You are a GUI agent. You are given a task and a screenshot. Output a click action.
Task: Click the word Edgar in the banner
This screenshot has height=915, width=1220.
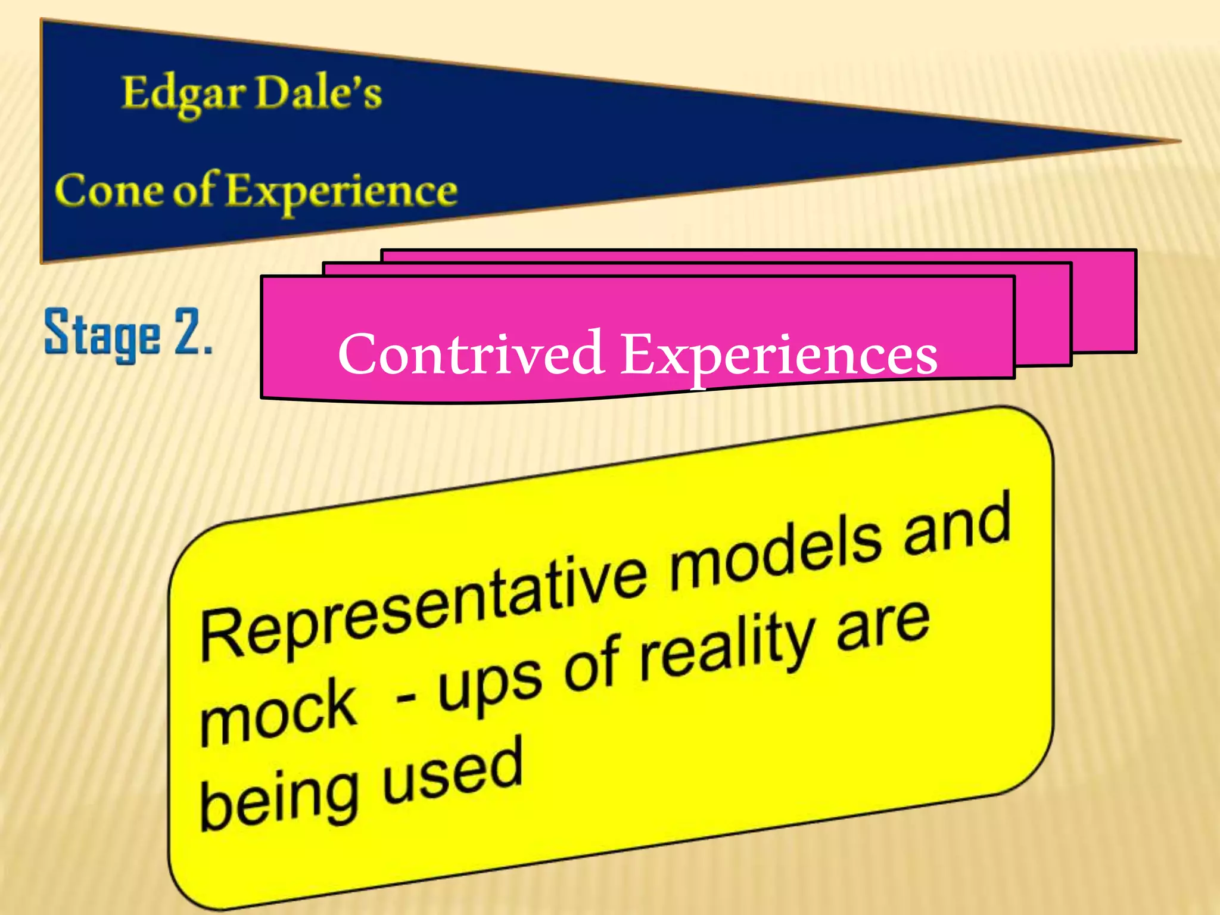(x=183, y=95)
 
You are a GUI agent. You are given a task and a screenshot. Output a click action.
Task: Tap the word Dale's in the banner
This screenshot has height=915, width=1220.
(x=318, y=94)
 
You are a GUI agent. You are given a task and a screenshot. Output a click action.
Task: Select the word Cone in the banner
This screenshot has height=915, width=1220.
(x=107, y=191)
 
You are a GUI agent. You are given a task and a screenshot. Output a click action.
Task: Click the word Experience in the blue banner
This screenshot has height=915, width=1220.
(x=341, y=192)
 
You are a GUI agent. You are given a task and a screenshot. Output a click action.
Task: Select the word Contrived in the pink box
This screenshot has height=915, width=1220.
(x=471, y=354)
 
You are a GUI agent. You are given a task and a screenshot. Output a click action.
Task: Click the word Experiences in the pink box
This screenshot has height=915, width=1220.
(x=779, y=355)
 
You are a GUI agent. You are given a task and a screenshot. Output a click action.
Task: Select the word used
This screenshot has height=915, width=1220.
(x=453, y=768)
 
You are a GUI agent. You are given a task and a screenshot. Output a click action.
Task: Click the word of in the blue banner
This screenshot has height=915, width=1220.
(x=193, y=191)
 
